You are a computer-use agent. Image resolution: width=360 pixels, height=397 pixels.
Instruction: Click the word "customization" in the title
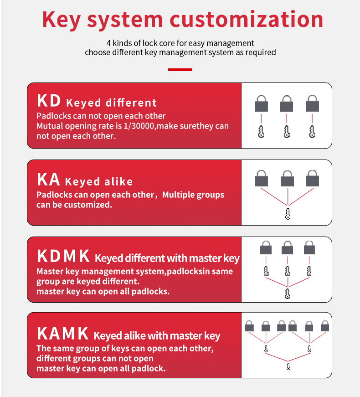pyautogui.click(x=247, y=19)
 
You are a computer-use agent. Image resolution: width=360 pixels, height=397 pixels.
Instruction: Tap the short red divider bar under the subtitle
pyautogui.click(x=180, y=70)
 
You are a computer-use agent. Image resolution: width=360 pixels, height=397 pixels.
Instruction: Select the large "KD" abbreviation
pyautogui.click(x=49, y=101)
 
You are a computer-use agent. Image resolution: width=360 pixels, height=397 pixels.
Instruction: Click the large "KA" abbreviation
pyautogui.click(x=48, y=179)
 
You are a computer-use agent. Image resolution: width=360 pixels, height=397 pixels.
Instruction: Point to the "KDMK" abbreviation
pyautogui.click(x=63, y=256)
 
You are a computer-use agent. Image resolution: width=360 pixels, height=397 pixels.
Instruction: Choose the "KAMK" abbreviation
pyautogui.click(x=63, y=334)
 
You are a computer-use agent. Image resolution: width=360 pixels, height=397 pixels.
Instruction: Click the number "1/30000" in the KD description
pyautogui.click(x=139, y=126)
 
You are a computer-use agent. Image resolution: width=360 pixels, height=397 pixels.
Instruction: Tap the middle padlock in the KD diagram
pyautogui.click(x=287, y=103)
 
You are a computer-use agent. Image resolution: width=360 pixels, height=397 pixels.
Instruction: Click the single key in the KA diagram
pyautogui.click(x=288, y=214)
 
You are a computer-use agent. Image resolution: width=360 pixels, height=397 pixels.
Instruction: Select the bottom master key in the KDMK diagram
pyautogui.click(x=288, y=294)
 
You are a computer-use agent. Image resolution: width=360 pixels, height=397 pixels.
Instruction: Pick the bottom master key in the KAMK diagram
pyautogui.click(x=288, y=366)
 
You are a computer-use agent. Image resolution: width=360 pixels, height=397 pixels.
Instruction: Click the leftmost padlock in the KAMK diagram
pyautogui.click(x=249, y=326)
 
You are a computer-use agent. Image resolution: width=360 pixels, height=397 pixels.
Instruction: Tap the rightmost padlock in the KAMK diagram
pyautogui.click(x=325, y=326)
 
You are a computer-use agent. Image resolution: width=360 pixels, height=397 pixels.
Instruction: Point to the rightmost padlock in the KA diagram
pyautogui.click(x=312, y=178)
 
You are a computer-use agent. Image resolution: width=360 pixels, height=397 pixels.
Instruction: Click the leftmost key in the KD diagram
pyautogui.click(x=261, y=132)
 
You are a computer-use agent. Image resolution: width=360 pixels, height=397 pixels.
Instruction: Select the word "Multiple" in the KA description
pyautogui.click(x=178, y=195)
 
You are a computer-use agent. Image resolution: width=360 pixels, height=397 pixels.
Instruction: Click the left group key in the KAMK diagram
pyautogui.click(x=266, y=349)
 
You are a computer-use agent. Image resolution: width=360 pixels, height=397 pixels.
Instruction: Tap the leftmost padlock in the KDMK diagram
pyautogui.click(x=266, y=247)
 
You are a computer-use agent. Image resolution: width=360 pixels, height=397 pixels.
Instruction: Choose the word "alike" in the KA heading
pyautogui.click(x=118, y=181)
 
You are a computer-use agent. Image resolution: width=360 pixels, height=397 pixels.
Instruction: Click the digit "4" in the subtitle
pyautogui.click(x=108, y=43)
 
